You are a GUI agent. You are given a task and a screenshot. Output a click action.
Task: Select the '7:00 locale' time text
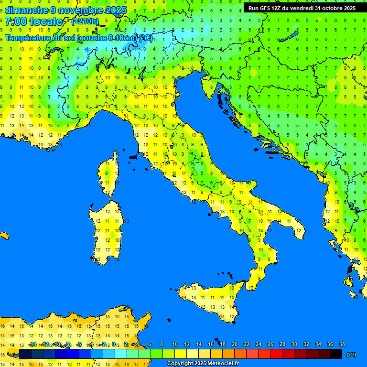coord(34,22)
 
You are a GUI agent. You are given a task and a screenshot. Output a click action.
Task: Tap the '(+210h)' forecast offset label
coord(85,22)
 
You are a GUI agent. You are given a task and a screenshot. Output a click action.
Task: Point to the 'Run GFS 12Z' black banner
coord(302,8)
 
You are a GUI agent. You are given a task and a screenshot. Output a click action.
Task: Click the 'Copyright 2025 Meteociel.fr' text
coord(203,364)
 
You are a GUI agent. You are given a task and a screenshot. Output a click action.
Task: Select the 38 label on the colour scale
coord(342,344)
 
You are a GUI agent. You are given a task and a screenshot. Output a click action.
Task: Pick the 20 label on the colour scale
coord(235,344)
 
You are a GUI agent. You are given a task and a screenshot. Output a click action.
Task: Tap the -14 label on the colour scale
coord(32,344)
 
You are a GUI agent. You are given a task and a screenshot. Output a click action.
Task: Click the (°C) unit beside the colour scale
coord(351,355)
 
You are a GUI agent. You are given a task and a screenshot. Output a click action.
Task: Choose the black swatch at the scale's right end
coord(336,354)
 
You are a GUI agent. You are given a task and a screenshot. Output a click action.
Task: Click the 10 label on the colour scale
coord(175,344)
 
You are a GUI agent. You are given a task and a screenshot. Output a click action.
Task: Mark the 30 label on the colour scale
coord(294,344)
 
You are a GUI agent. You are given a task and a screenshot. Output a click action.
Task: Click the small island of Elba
coord(133,156)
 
